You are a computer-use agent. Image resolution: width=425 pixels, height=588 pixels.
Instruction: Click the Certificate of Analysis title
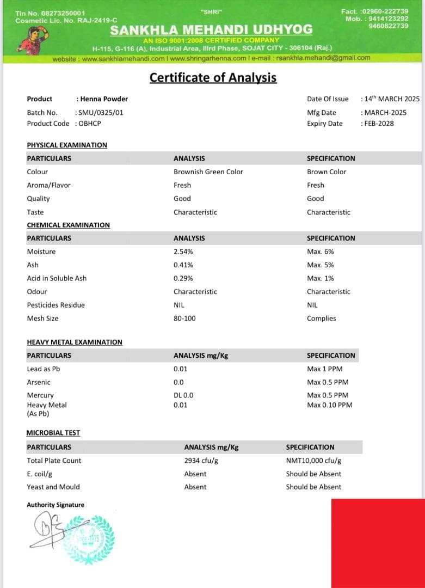coord(213,78)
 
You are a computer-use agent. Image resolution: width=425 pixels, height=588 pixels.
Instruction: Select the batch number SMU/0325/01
coord(96,113)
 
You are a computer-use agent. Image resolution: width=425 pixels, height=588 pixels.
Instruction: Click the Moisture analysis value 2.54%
coord(183,252)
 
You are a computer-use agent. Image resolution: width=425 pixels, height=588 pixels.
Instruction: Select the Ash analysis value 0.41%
coord(183,265)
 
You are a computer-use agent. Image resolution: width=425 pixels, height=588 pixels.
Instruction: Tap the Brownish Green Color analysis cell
coord(208,172)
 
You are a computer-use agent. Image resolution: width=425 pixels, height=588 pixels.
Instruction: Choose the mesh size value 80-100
coord(184,318)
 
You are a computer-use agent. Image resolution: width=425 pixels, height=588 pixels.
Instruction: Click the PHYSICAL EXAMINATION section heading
coord(67,145)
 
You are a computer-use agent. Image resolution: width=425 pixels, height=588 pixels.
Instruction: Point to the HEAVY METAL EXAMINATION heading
coord(75,342)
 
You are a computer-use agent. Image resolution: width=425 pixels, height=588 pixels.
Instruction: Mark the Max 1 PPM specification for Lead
coord(324,369)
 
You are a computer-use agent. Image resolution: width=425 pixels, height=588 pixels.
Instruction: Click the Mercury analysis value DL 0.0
coord(183,395)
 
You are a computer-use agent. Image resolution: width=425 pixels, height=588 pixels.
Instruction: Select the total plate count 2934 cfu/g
coord(201,461)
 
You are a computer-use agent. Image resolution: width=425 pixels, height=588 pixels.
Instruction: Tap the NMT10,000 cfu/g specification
coord(313,461)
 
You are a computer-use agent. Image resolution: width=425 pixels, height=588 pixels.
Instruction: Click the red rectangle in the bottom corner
coord(378,543)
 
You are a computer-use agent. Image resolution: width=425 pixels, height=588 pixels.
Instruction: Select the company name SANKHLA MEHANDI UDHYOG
coord(211,29)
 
